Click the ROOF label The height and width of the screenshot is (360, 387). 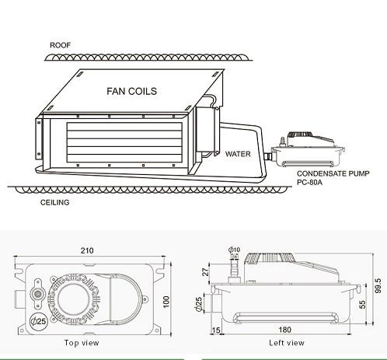click(60, 45)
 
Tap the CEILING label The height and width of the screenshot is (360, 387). click(54, 202)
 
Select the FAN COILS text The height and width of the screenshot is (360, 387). click(132, 91)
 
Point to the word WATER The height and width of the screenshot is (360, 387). click(238, 154)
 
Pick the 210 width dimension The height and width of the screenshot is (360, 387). click(87, 250)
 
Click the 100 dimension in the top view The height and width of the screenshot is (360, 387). click(166, 302)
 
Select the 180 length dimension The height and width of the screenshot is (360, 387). click(284, 330)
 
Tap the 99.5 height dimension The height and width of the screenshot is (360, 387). click(378, 285)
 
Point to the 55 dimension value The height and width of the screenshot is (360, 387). click(363, 305)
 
